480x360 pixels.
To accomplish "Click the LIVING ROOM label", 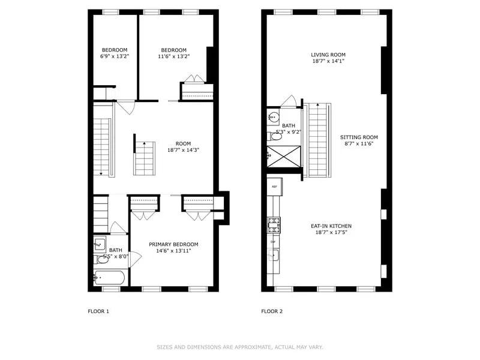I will pos(328,55).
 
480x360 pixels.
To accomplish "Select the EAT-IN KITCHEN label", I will pos(331,226).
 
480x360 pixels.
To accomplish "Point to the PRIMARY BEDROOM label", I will pos(173,244).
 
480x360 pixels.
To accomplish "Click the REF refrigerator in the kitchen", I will pos(274,187).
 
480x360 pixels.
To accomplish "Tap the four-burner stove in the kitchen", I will pos(274,225).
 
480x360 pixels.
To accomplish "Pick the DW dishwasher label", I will pos(273,241).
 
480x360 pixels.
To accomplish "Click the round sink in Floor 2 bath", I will pos(274,117).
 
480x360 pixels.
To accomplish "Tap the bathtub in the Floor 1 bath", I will pos(110,278).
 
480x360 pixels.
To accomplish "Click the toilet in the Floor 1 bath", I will pos(100,259).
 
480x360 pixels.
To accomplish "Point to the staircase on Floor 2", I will pos(318,139).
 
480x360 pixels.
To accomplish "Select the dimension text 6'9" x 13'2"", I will pos(114,56).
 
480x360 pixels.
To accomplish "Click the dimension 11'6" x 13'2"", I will pos(173,56).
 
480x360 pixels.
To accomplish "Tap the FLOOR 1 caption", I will pos(98,311).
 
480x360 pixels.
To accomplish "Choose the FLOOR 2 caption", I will pos(272,311).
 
